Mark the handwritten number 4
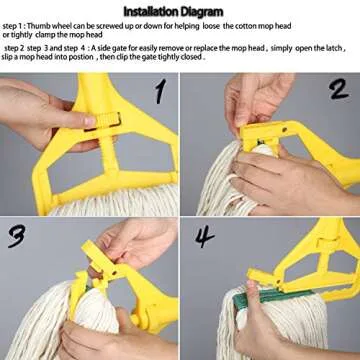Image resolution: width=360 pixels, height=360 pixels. click(205, 237)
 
